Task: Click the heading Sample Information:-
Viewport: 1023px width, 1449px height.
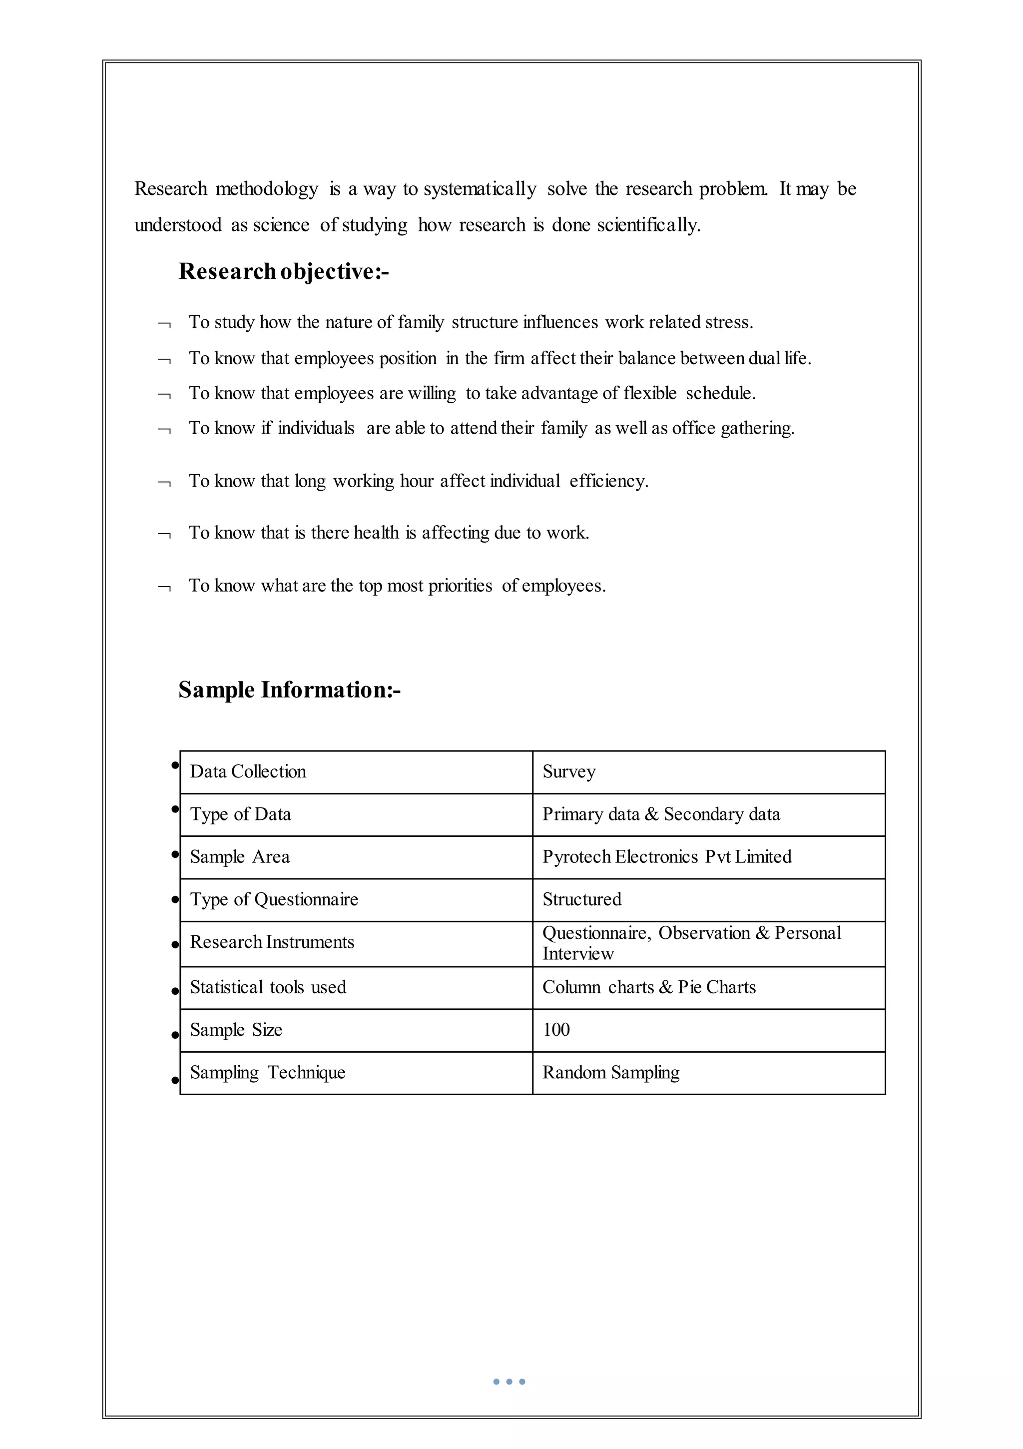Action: (x=289, y=690)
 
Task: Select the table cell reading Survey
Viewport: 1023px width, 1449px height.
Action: (x=568, y=772)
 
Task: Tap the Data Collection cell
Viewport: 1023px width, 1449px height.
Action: (x=248, y=772)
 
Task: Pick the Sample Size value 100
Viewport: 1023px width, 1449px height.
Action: (x=556, y=1030)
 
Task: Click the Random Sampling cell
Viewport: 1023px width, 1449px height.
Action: (x=610, y=1073)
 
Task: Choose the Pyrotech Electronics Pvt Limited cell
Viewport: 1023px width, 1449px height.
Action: (x=666, y=857)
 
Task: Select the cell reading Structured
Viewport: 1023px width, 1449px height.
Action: (x=581, y=899)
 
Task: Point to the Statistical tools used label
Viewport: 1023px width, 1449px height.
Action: (x=268, y=988)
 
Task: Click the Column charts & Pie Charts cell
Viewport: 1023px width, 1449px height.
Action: (x=649, y=988)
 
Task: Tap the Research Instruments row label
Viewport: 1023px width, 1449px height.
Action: (x=272, y=942)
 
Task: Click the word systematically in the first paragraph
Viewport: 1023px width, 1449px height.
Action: (x=480, y=189)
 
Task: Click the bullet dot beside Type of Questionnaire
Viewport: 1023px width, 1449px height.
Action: (x=175, y=900)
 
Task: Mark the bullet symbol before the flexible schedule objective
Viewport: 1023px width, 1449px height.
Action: (x=164, y=396)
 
